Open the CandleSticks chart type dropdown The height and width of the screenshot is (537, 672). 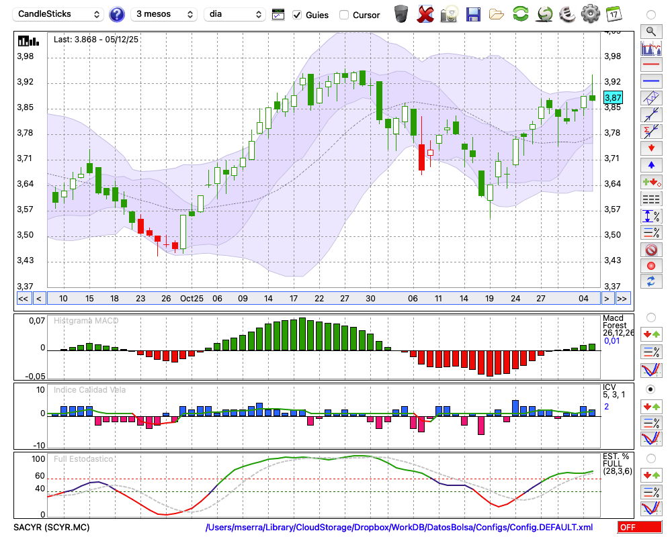tap(59, 14)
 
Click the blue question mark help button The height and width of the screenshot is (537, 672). tap(116, 14)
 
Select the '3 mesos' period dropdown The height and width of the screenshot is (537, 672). tap(164, 14)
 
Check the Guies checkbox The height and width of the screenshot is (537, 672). tap(297, 15)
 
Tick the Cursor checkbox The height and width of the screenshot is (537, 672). tap(344, 15)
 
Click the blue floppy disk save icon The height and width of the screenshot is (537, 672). tap(473, 13)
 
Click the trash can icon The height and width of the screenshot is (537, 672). tap(401, 13)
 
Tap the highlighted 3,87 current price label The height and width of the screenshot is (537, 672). tap(613, 97)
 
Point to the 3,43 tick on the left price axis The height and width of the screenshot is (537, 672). tap(25, 260)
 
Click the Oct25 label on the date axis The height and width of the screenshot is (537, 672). tap(192, 299)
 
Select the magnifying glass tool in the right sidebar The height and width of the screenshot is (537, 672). tap(650, 31)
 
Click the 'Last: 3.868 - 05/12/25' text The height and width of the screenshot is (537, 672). tap(96, 40)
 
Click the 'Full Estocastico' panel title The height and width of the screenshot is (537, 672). tap(85, 459)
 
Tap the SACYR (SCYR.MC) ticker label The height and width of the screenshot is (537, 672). tap(52, 528)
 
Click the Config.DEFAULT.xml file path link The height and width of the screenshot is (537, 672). tap(399, 528)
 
